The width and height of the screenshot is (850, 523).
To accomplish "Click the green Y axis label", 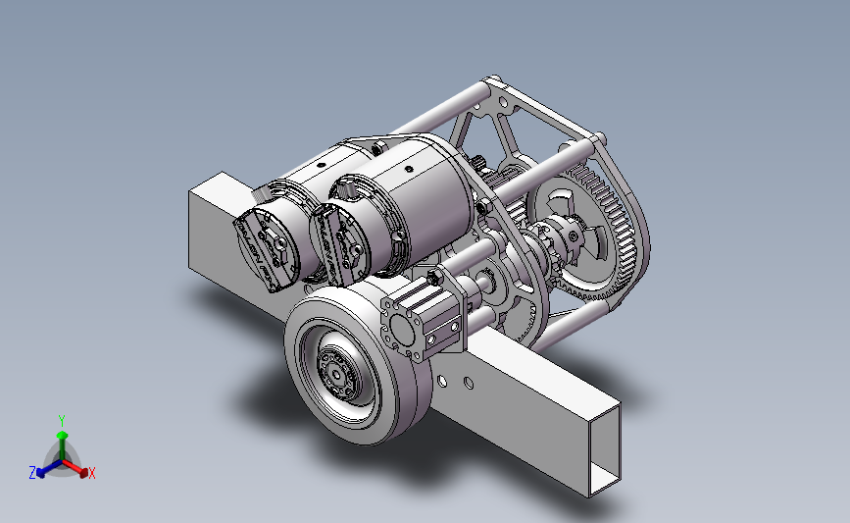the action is pos(62,421).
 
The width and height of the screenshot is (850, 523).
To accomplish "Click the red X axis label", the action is pos(91,473).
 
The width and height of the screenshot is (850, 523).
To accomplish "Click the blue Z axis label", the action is pos(32,473).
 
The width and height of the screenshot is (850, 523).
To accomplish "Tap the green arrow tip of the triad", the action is pos(62,435).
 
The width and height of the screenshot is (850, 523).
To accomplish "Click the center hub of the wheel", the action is pos(337,373).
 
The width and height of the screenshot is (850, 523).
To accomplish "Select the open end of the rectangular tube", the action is pos(605,450).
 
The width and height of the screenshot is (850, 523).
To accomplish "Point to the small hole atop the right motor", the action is pos(410,169).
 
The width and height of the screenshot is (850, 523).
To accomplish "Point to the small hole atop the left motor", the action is pos(321,165).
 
